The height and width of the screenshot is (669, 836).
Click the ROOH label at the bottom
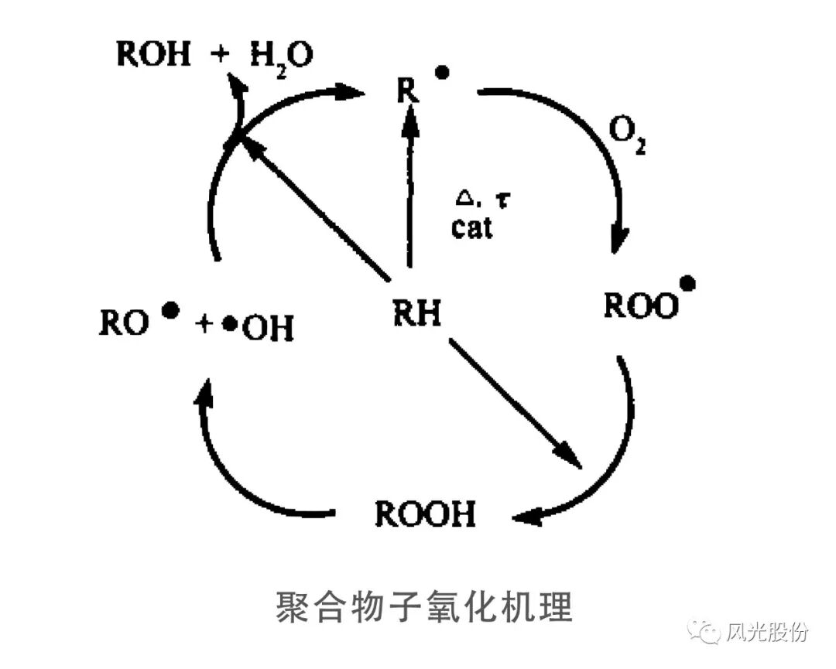[425, 514]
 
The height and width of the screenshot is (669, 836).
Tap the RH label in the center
[416, 314]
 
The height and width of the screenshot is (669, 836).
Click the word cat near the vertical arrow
[471, 228]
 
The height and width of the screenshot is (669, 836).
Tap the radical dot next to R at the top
[442, 73]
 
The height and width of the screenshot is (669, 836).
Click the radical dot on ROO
[686, 284]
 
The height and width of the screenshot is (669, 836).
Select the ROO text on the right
[639, 307]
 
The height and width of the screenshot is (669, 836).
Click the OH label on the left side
[268, 330]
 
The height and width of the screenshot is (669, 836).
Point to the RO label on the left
[123, 324]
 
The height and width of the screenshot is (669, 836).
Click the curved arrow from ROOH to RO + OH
[232, 472]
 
